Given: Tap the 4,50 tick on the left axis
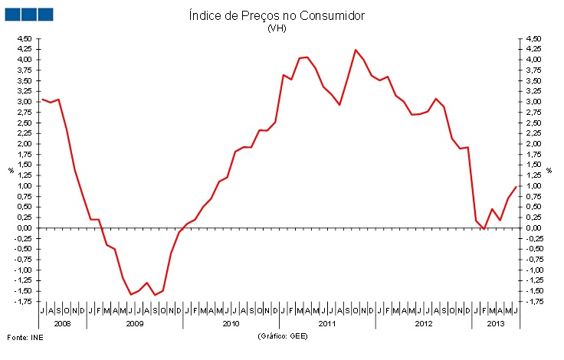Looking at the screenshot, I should tap(24, 38).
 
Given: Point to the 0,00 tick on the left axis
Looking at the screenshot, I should tap(24, 227).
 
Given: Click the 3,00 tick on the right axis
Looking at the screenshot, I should tap(533, 101).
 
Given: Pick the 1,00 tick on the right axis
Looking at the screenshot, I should tap(533, 185).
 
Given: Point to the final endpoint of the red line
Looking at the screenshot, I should tap(516, 186).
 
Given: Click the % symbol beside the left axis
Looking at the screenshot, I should tap(11, 170).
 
